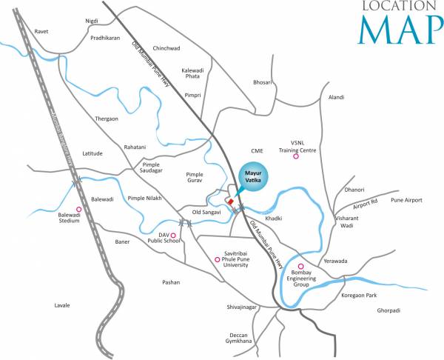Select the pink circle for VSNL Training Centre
(296, 156)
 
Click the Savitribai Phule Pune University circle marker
(217, 259)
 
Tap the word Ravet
(43, 32)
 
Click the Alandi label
(337, 97)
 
